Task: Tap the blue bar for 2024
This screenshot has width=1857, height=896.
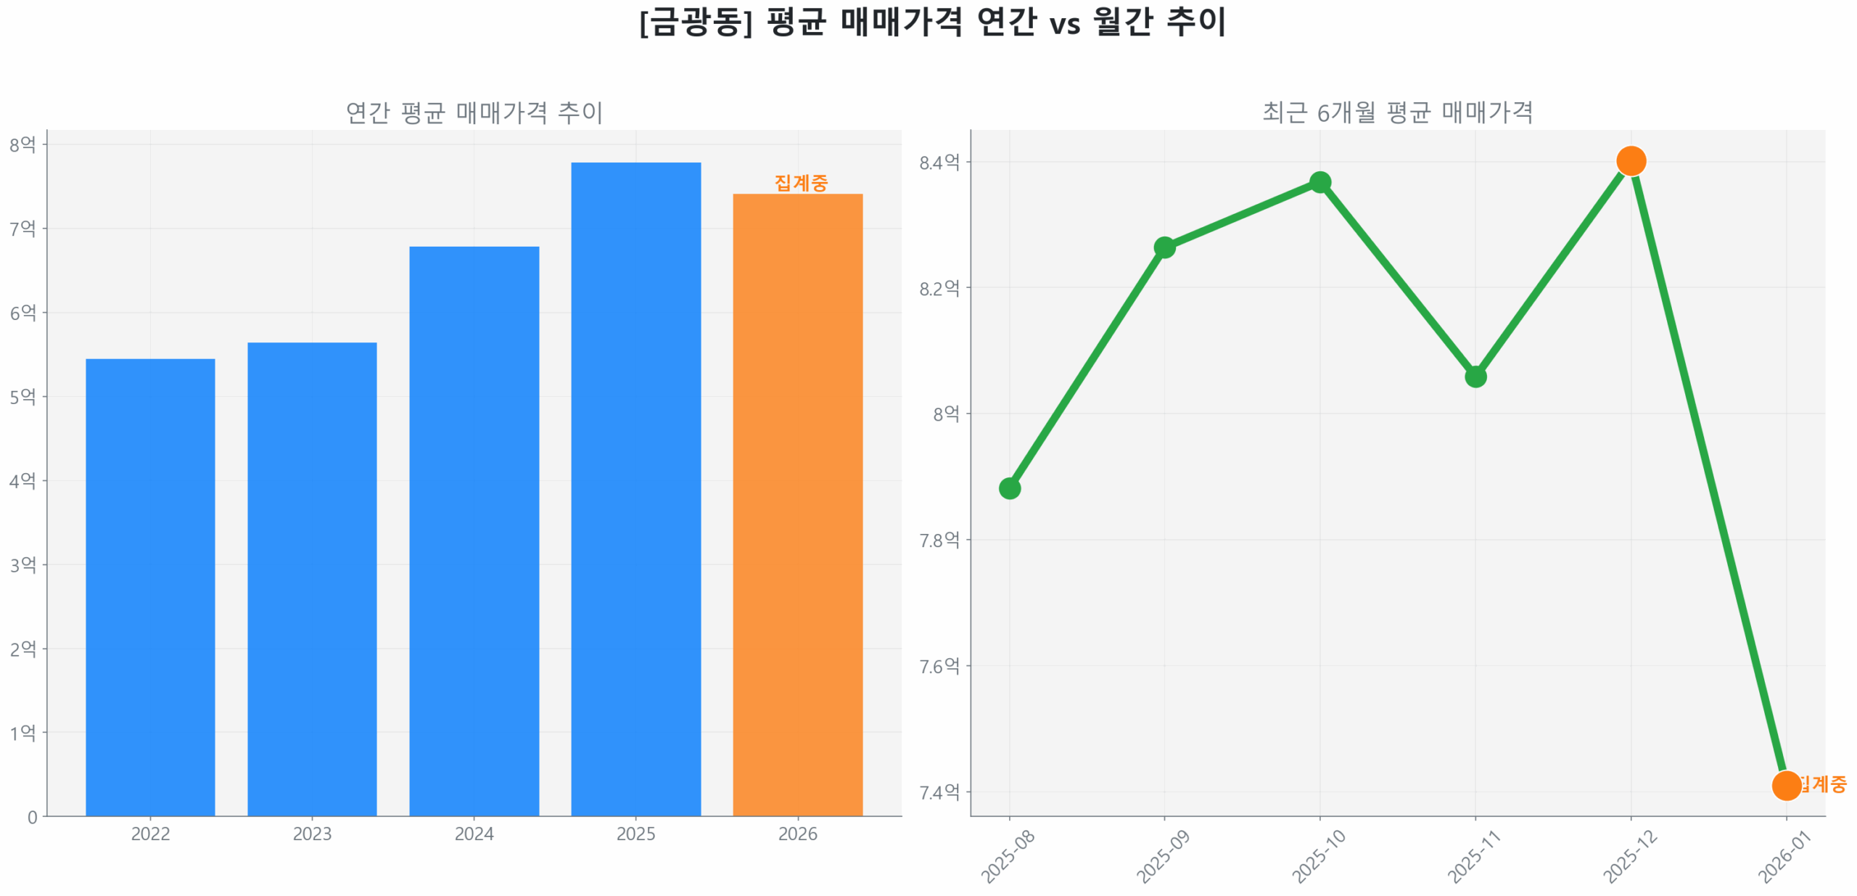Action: tap(474, 530)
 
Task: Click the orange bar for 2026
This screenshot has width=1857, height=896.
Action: tap(797, 504)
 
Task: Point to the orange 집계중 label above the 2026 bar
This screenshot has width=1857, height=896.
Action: tap(800, 183)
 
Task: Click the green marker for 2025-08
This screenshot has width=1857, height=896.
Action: tap(1009, 488)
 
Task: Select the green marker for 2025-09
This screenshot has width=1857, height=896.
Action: tap(1164, 247)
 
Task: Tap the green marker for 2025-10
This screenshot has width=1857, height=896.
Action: tap(1319, 182)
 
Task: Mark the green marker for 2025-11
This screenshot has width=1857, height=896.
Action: tap(1475, 377)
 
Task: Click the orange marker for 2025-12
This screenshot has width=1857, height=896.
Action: tap(1630, 161)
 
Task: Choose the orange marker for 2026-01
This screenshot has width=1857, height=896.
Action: tap(1785, 785)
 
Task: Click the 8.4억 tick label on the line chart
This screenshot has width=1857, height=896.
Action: tap(939, 162)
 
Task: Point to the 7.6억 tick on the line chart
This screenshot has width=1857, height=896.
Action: tap(939, 666)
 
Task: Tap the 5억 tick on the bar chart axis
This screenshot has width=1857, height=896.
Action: tap(22, 397)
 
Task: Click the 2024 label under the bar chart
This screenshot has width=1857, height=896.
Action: tap(474, 834)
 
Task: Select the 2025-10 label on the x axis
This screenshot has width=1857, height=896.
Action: tap(1318, 856)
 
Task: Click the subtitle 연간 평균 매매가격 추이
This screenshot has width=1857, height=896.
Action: tap(474, 112)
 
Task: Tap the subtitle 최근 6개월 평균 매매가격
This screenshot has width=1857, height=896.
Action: tap(1397, 112)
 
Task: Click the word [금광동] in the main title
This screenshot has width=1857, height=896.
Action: tap(696, 22)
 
